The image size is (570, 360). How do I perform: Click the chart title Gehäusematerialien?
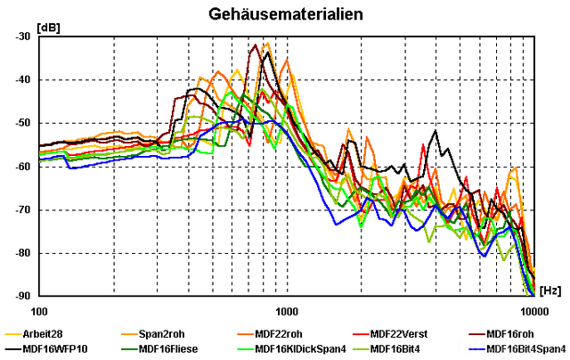coord(285,14)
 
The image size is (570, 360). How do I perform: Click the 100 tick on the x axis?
coord(39,313)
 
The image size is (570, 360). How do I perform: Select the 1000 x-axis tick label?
coord(287,313)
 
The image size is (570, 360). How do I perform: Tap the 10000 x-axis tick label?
coord(534,313)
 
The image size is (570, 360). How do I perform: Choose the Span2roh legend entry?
coord(160,334)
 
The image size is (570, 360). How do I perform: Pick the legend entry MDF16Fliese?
coord(168,348)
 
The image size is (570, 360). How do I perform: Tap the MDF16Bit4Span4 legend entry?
coord(525,348)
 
